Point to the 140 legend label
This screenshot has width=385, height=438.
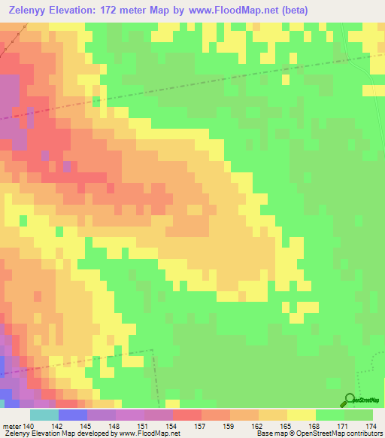pos(30,426)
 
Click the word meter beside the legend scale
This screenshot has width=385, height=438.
pos(11,426)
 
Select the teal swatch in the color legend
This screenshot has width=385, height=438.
pos(44,415)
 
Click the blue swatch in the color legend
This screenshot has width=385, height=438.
pos(73,415)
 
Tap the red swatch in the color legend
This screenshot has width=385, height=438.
pos(186,415)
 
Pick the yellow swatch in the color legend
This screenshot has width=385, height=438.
pos(301,415)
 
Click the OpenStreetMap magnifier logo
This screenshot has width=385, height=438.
pos(349,400)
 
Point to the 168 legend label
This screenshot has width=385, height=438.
pos(315,426)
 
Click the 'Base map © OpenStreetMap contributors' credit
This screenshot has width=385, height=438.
pos(319,433)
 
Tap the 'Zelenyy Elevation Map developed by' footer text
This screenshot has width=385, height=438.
pos(58,433)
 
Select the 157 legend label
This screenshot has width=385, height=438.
pos(201,426)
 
